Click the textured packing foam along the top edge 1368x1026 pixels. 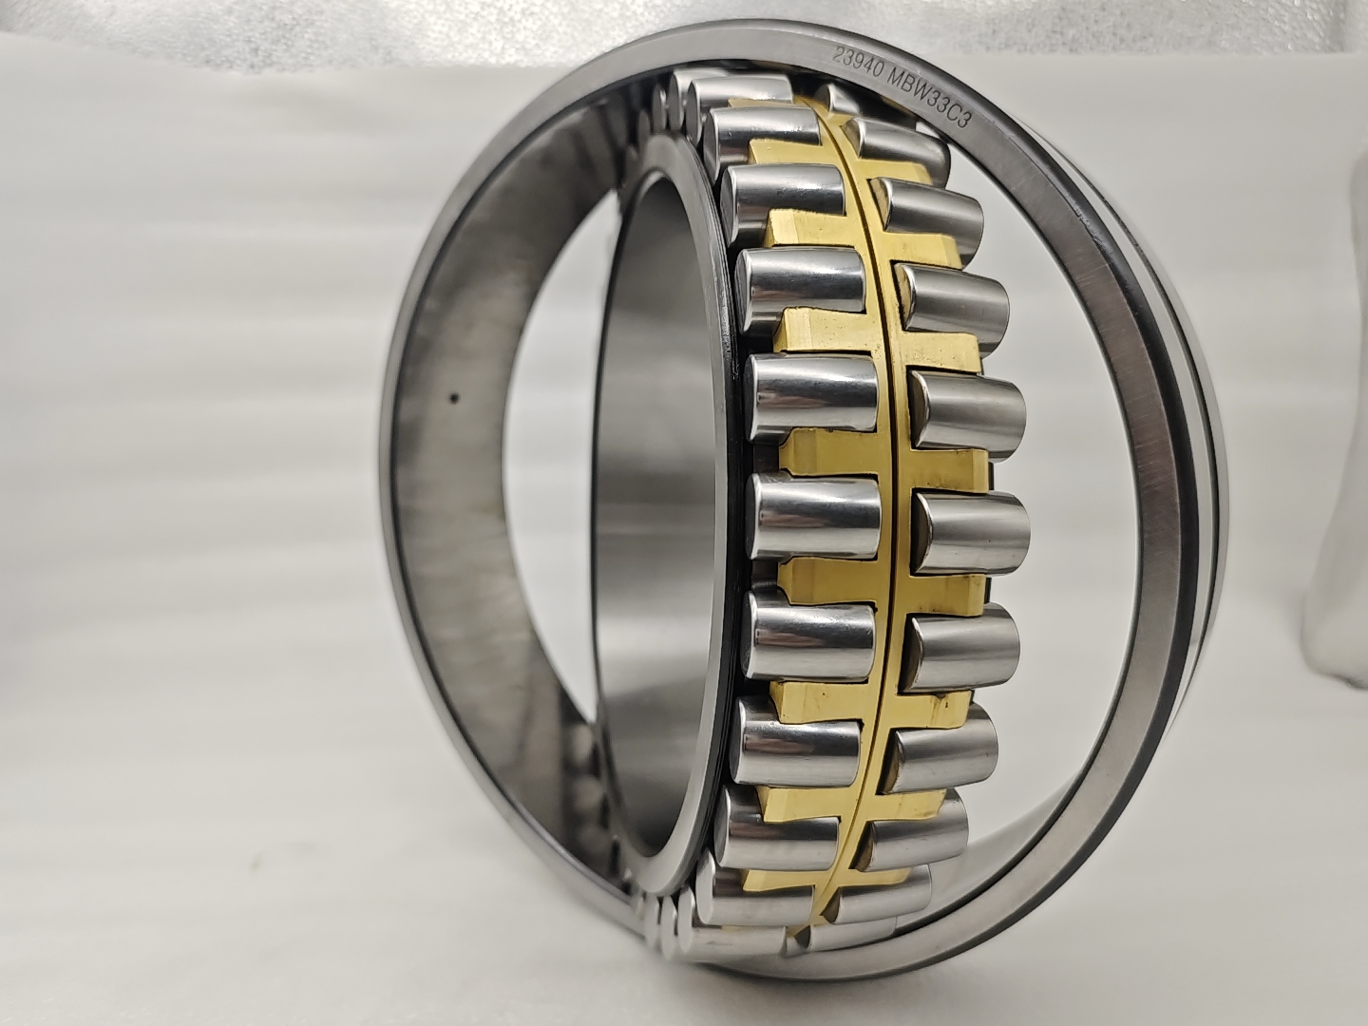coord(380,24)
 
